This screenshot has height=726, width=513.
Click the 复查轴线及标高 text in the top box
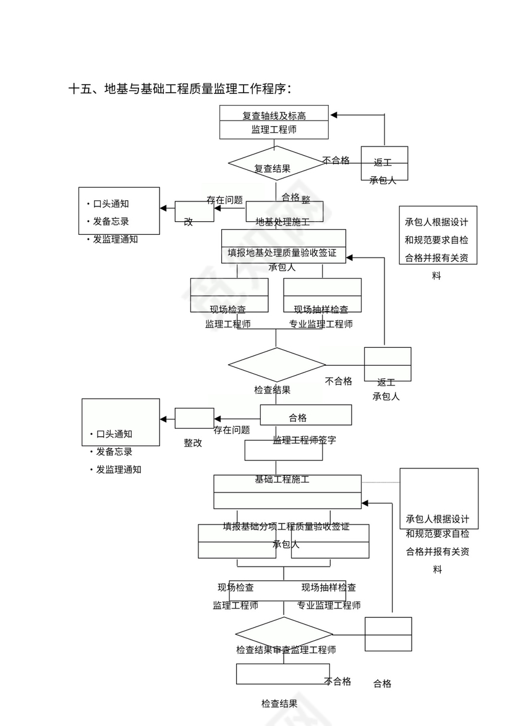274,116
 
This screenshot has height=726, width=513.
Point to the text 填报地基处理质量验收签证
282,252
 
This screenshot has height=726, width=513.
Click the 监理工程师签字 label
304,440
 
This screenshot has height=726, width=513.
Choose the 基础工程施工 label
282,479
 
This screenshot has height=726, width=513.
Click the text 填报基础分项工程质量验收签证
286,526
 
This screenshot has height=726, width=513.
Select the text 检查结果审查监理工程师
286,649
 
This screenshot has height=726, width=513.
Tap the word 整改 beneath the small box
192,443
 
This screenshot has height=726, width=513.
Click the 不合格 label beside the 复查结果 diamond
336,161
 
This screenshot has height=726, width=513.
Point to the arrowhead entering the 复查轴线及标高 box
334,115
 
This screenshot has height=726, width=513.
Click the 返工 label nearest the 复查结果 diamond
383,163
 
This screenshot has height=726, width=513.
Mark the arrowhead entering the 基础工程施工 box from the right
365,503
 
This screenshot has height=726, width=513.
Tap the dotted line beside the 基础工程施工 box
380,481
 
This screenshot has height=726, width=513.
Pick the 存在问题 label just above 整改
232,429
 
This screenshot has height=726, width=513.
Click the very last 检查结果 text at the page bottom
279,703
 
